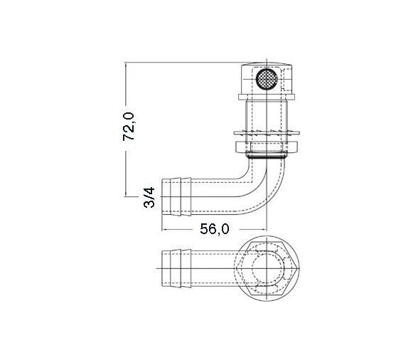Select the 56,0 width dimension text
(x=213, y=228)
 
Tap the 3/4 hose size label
(x=148, y=198)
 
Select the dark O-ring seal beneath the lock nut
(x=267, y=153)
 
